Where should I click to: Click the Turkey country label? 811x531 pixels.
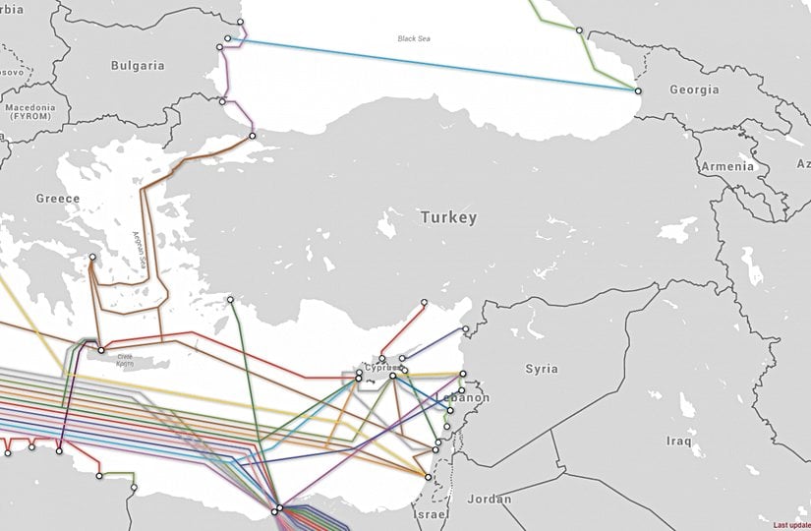coord(447,217)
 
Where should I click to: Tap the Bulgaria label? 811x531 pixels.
coord(138,66)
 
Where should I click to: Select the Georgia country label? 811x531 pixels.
coord(694,89)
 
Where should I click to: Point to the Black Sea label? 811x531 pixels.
coord(414,39)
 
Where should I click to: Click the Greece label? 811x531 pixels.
coord(58,199)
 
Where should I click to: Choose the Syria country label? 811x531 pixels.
coord(541,369)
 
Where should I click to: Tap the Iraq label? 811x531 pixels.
coord(678,441)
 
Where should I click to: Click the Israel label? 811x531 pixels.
coord(431,515)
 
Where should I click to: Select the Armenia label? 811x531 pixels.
coord(727,166)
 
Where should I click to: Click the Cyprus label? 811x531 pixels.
coord(381,368)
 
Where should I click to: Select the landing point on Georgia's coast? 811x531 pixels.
coord(638,91)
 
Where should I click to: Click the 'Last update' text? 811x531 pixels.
coord(791,525)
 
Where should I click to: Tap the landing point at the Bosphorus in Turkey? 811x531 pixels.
coord(252,136)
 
